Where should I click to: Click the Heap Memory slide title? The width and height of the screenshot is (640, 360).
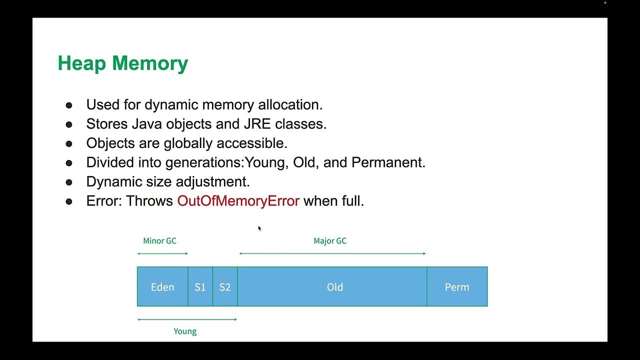tap(122, 63)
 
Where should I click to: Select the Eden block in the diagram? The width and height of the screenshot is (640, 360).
tap(162, 287)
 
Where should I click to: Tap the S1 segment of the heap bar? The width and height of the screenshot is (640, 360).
tap(200, 287)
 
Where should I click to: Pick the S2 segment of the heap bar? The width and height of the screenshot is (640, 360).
tap(225, 287)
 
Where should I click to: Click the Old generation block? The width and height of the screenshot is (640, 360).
tap(334, 287)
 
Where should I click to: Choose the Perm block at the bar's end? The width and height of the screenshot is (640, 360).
tap(457, 287)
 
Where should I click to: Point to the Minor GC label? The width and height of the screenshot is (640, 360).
tap(159, 241)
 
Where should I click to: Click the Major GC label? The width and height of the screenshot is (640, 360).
tap(330, 241)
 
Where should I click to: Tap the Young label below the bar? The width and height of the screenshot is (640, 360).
tap(185, 331)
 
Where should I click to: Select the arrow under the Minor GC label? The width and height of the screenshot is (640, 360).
tap(162, 253)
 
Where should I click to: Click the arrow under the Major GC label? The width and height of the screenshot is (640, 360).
tap(332, 253)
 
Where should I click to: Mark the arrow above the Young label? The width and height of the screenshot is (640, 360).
tap(187, 319)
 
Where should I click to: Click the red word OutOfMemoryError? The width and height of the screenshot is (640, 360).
tap(238, 201)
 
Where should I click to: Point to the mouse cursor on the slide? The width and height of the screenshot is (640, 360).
tap(259, 228)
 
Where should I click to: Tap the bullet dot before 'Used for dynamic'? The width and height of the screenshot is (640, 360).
tap(69, 105)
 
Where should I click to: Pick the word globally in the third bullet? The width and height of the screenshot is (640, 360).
tap(190, 143)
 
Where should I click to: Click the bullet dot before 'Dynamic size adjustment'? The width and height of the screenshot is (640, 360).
tap(69, 182)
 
